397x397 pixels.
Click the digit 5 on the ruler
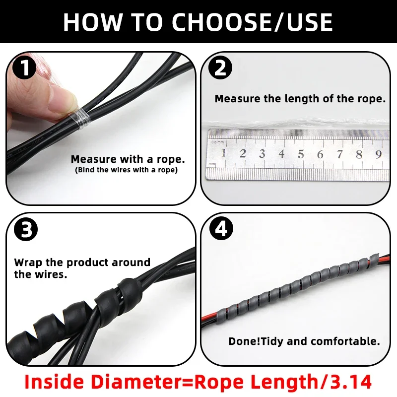[x=301, y=154]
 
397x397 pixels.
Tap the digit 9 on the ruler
[x=378, y=154]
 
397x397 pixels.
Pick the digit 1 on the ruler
[x=223, y=154]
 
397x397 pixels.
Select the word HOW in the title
[x=92, y=22]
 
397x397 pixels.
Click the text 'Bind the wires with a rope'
[x=126, y=170]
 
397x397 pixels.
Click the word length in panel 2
[x=299, y=99]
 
